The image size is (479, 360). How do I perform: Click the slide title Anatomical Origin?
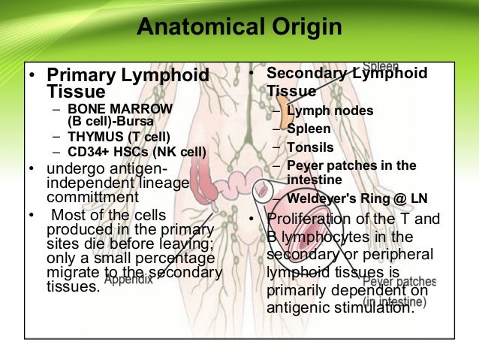[239, 29]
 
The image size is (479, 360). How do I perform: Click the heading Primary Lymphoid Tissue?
[128, 83]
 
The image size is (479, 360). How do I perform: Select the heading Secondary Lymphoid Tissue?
[347, 82]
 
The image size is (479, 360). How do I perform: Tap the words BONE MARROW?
[112, 108]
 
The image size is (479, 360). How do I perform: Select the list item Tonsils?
[310, 147]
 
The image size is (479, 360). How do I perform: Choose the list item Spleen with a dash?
[309, 129]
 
